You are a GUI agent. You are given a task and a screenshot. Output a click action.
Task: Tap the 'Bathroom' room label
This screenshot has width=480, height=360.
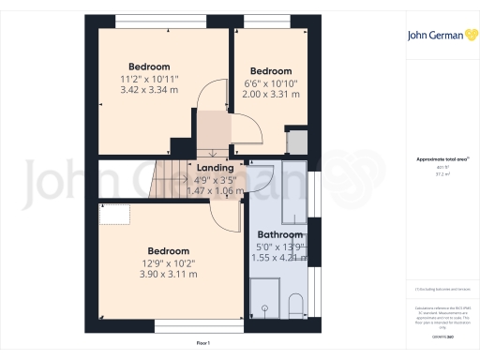[x=280, y=235]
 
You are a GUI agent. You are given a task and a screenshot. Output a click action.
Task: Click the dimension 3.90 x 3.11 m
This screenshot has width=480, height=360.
[x=170, y=275]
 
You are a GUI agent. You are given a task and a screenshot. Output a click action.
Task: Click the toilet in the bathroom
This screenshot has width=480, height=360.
[x=294, y=306]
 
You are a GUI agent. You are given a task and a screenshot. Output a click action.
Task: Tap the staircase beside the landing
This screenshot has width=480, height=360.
[x=174, y=179]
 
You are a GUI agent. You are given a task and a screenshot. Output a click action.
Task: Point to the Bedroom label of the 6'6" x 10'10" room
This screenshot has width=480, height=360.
[x=271, y=71]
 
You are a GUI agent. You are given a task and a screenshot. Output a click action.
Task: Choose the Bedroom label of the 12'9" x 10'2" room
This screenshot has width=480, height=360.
[x=170, y=251]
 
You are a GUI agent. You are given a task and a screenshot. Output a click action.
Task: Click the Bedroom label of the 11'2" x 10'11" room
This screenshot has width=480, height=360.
[x=149, y=67]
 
